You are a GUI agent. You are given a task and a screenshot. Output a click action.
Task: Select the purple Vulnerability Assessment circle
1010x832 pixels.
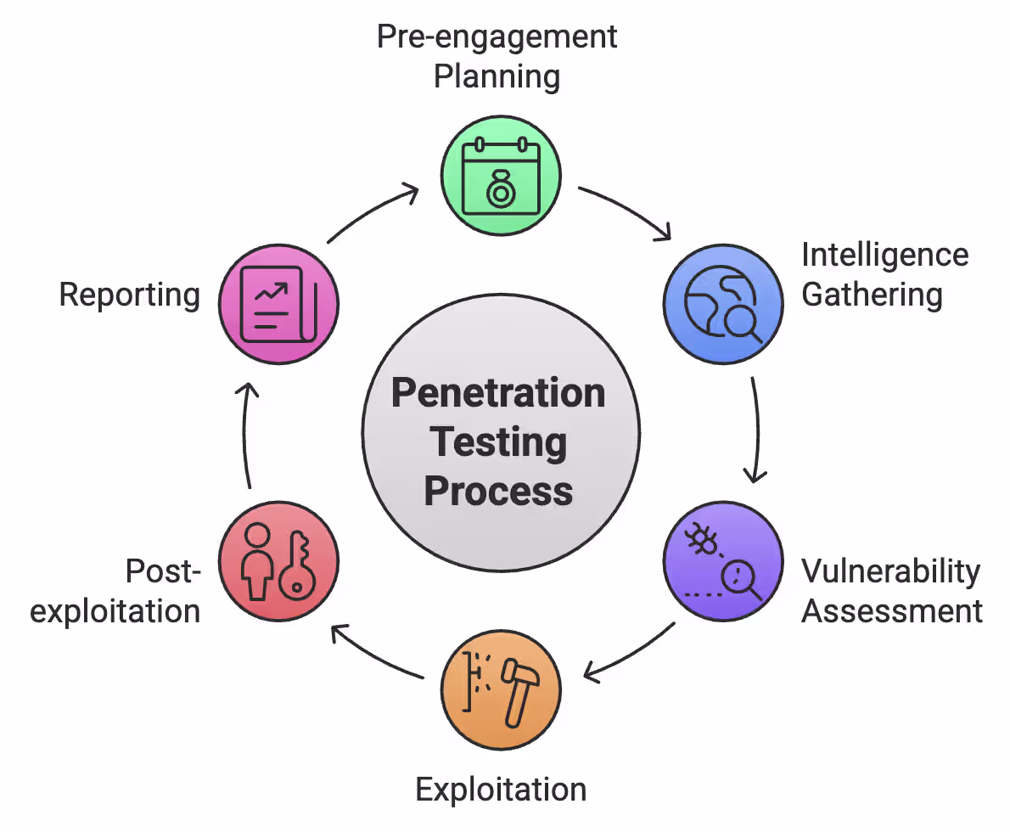tap(722, 563)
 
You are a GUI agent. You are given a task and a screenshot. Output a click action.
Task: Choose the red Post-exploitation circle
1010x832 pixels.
tap(278, 563)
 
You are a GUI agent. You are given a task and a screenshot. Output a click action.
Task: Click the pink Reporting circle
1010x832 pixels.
tap(278, 304)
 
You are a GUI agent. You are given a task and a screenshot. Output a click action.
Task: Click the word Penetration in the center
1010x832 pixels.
tap(498, 393)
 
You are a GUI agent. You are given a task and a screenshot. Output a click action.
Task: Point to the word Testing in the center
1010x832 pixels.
tap(498, 441)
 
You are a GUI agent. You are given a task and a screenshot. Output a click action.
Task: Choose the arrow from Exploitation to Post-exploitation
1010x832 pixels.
tap(373, 654)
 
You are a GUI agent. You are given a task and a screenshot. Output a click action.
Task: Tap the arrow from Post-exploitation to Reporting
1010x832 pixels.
tap(245, 433)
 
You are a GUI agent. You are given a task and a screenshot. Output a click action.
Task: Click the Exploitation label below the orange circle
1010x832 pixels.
tap(501, 790)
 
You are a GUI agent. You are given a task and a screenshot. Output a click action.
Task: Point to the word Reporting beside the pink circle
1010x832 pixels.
tap(129, 295)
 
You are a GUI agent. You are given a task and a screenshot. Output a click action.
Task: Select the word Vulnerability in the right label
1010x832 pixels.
tap(890, 571)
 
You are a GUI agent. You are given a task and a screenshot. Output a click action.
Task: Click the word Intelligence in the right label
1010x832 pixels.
tap(884, 256)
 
